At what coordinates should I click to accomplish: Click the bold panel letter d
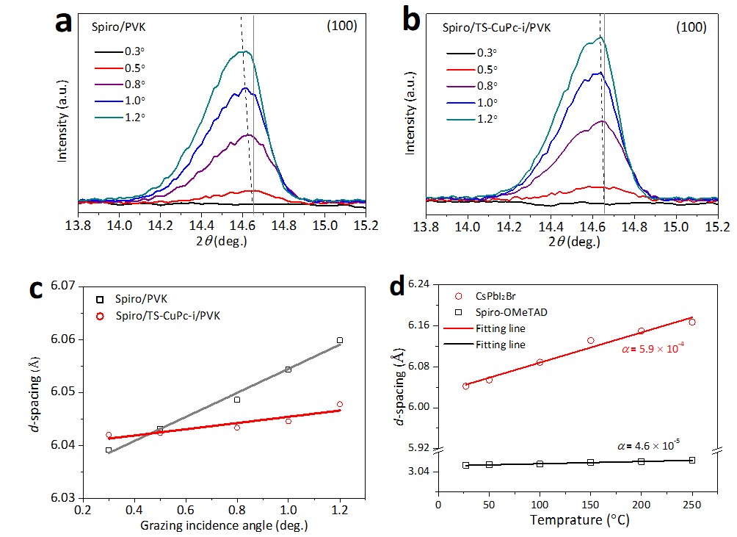[x=397, y=286]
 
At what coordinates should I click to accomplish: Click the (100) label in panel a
[x=342, y=26]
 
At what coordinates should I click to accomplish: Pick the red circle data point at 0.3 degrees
[x=109, y=435]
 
